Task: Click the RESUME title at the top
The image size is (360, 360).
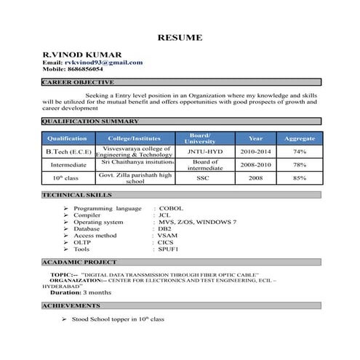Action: point(180,37)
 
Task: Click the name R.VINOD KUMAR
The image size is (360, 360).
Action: point(81,55)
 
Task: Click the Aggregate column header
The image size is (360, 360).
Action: point(299,138)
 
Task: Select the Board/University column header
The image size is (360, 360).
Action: point(200,138)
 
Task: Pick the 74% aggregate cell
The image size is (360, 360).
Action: point(299,151)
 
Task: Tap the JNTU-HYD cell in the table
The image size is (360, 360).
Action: point(200,151)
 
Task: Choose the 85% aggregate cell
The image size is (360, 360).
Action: point(299,177)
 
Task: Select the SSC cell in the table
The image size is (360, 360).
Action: point(200,177)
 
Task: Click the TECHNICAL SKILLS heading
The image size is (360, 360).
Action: point(76,196)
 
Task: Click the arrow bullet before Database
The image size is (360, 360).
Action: point(66,228)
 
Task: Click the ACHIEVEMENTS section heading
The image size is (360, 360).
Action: point(71,306)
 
